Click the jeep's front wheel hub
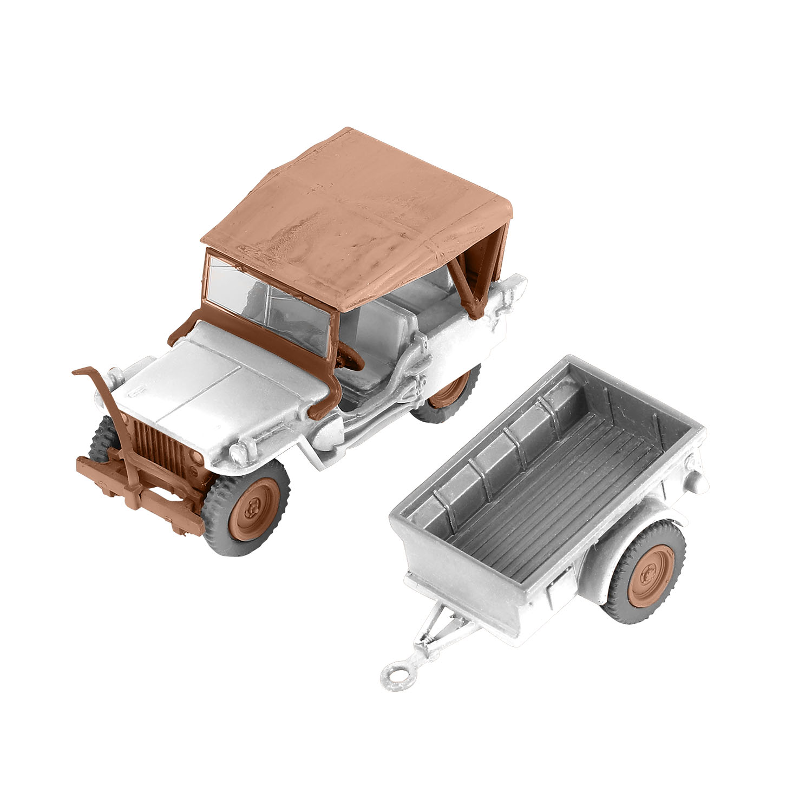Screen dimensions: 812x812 click(252, 506)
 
